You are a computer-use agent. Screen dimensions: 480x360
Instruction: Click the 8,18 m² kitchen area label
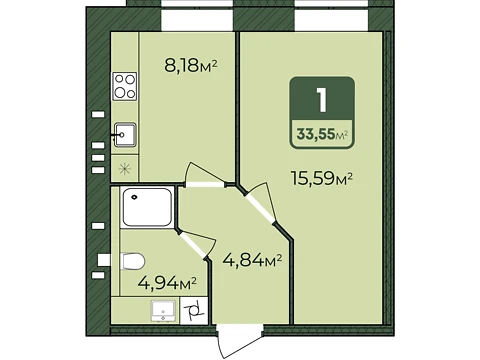(191, 65)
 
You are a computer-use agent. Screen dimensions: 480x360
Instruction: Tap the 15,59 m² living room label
(322, 178)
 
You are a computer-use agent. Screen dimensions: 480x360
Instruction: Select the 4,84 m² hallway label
(252, 260)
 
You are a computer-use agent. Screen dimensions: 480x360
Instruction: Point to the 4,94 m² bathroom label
(167, 283)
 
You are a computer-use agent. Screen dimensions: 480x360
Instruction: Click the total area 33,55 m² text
(322, 134)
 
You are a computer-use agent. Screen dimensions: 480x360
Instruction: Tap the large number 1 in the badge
(322, 100)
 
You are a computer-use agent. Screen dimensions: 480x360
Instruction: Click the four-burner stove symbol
(125, 86)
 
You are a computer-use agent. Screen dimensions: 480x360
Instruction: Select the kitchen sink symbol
(125, 135)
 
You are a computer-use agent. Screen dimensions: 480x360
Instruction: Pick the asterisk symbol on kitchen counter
(125, 168)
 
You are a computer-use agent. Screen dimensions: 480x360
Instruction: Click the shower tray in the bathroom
(147, 207)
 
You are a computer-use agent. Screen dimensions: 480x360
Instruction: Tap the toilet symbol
(132, 261)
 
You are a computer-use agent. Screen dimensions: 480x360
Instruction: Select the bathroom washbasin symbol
(163, 311)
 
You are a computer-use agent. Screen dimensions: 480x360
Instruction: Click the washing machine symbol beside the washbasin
(194, 311)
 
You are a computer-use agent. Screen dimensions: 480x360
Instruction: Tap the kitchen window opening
(197, 16)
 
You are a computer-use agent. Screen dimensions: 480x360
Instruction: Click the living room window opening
(331, 16)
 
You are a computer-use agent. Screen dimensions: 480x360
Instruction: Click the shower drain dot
(134, 197)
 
